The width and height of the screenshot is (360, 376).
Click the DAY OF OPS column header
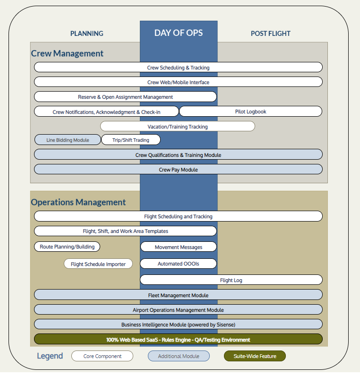point(179,33)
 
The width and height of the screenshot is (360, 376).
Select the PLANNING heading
point(87,34)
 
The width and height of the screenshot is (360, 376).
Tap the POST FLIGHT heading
point(271,34)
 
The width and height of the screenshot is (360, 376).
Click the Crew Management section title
point(67,53)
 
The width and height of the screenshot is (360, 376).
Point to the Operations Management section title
point(78,202)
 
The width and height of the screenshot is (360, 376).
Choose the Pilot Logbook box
point(251,111)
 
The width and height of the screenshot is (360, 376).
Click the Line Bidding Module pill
point(68,140)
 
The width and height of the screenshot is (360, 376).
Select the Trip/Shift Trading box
point(131,140)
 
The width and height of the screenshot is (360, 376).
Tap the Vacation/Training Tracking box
point(178,127)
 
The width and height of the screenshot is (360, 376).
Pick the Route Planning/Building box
point(67,247)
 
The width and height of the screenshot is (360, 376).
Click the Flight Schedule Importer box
point(98,264)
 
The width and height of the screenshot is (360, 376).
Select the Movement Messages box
point(179,247)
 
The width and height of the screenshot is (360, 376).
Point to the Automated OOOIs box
point(179,264)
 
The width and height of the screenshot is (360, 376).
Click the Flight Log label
point(231,280)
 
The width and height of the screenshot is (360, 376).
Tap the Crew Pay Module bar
point(178,169)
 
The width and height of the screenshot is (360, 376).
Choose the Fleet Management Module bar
point(178,295)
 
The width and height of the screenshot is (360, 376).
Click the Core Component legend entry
point(102,356)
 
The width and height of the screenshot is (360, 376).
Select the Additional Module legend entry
point(179,356)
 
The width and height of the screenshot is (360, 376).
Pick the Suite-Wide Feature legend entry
point(255,356)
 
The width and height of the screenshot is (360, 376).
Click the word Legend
point(50,356)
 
